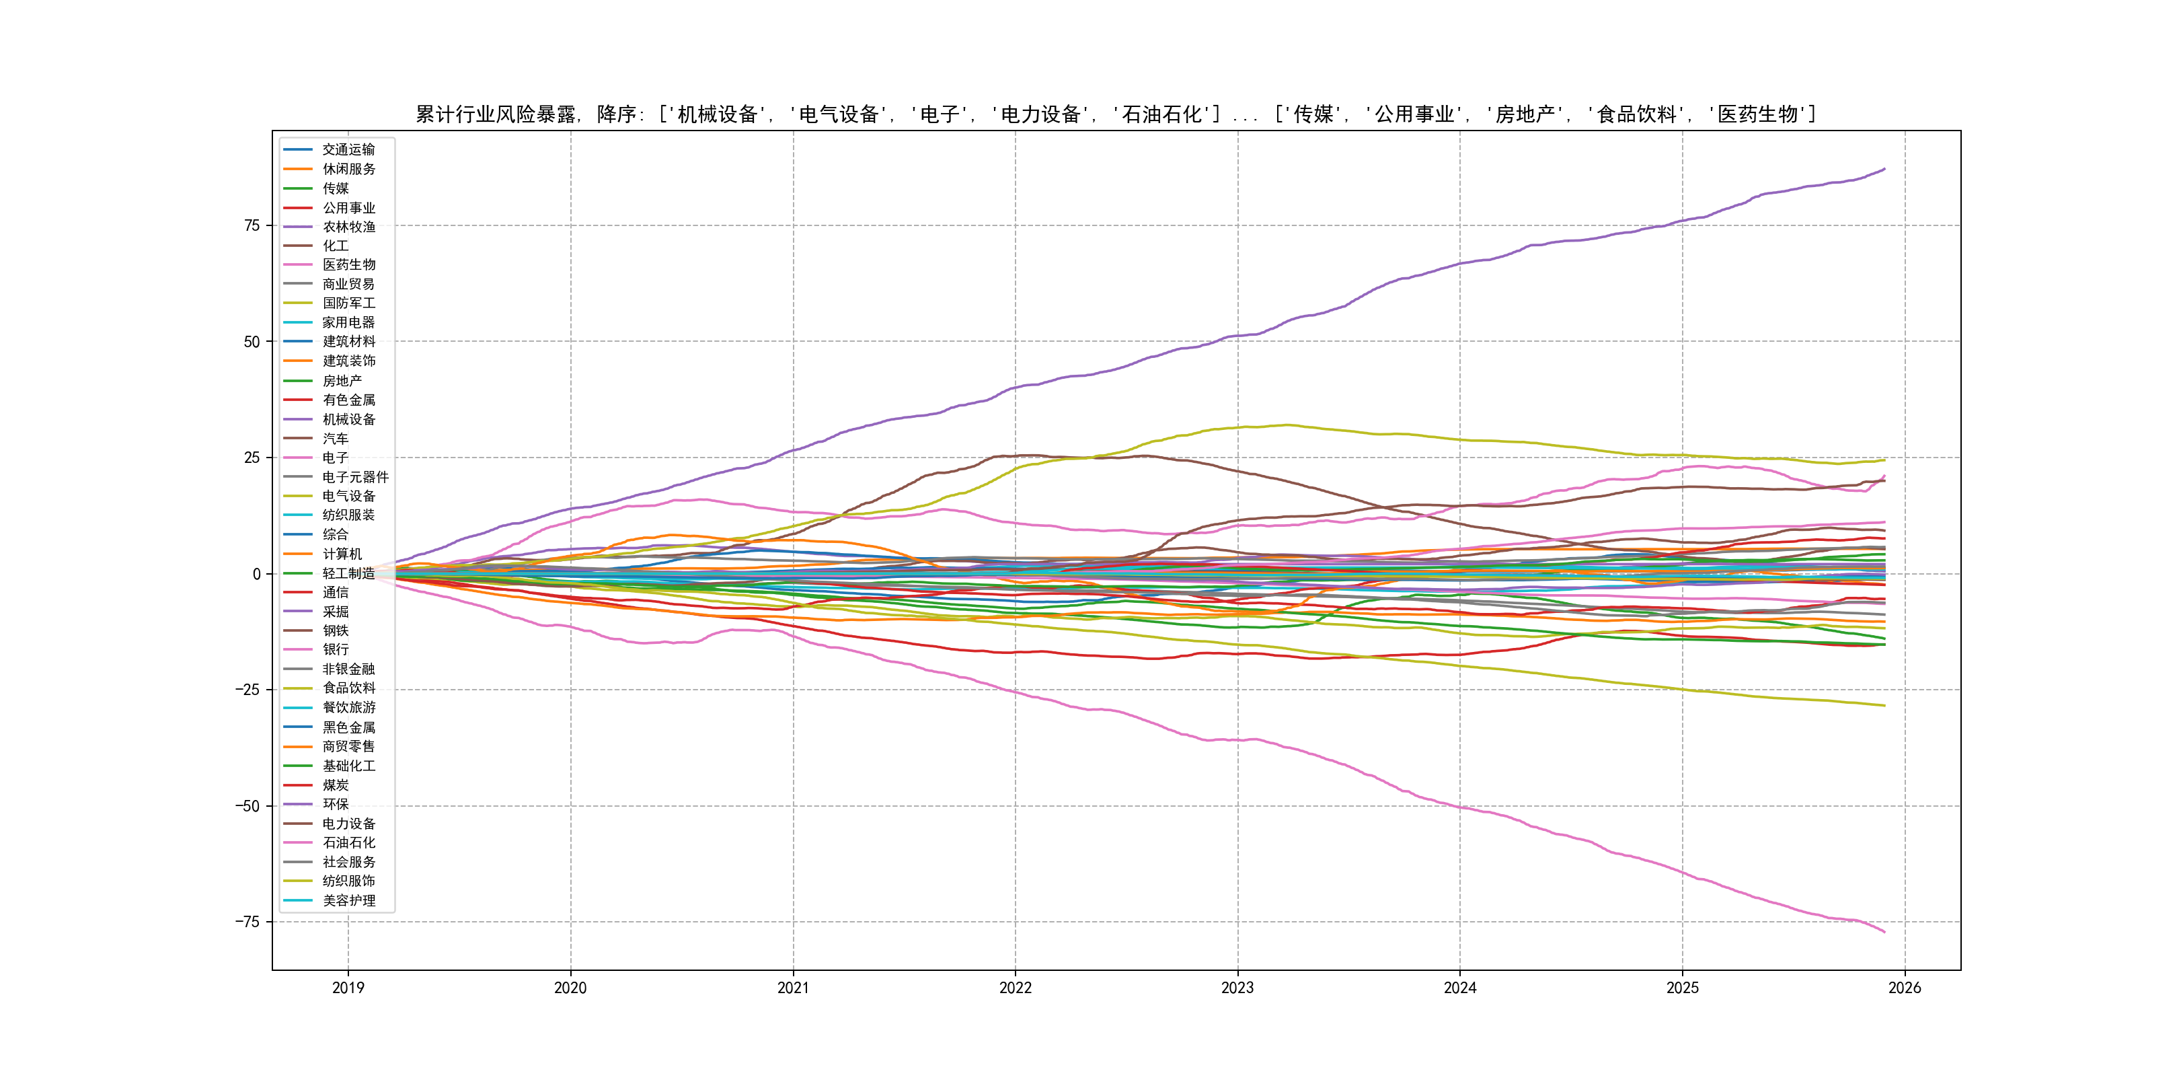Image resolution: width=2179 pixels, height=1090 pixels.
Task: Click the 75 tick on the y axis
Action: (x=252, y=226)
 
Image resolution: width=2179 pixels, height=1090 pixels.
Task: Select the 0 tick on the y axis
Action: (x=256, y=574)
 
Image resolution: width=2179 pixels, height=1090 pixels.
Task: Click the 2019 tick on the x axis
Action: (x=348, y=988)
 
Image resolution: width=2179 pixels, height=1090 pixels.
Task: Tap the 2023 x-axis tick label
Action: (x=1237, y=988)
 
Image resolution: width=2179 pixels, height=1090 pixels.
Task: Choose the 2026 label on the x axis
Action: (x=1904, y=988)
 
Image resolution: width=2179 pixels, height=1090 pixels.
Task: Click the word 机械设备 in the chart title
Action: (x=718, y=114)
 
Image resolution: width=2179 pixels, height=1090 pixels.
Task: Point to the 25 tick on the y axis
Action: (x=252, y=458)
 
